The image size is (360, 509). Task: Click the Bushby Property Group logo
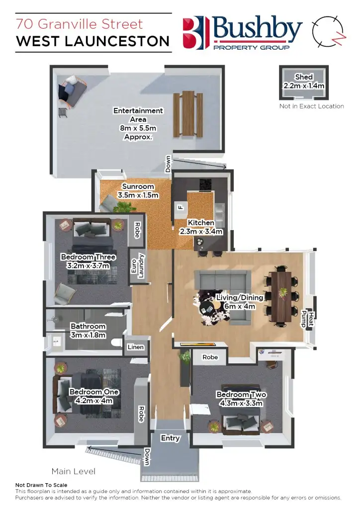[242, 33]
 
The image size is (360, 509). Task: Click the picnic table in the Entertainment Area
[188, 114]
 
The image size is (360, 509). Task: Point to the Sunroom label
[138, 191]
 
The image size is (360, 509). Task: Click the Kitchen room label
[201, 227]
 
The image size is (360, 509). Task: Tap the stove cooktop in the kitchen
[206, 184]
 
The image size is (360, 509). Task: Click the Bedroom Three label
[88, 261]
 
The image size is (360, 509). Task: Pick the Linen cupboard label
[136, 347]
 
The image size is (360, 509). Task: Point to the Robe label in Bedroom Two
[210, 357]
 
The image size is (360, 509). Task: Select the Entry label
[170, 438]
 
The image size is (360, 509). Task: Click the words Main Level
[74, 471]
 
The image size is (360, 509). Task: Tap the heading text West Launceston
[92, 41]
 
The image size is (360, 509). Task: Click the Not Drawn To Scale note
[41, 485]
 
